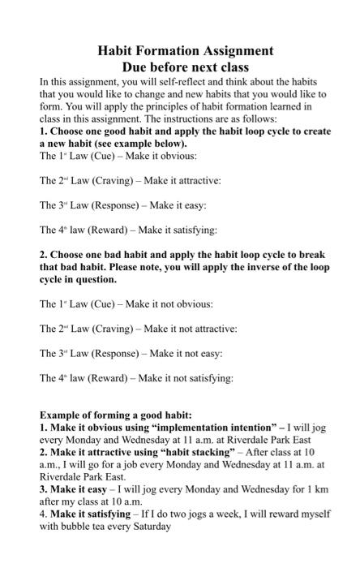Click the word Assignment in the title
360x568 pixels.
click(230, 50)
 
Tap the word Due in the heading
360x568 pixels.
click(135, 67)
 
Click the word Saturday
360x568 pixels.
click(152, 526)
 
